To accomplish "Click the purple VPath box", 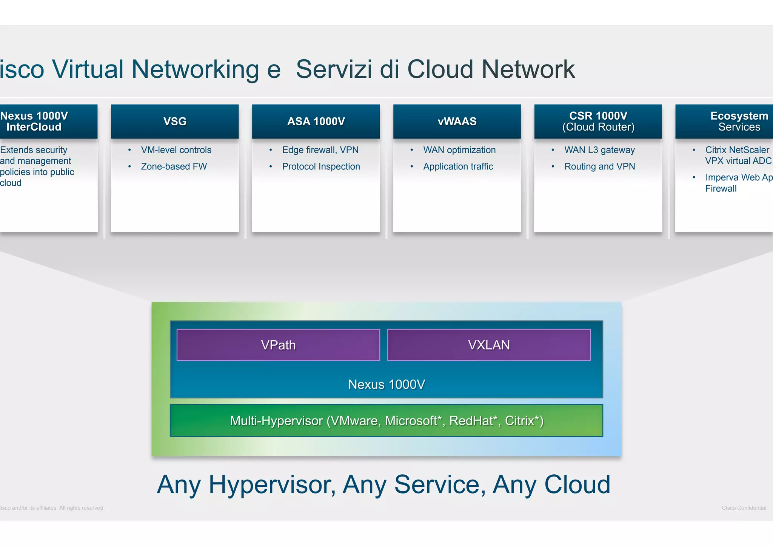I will coord(278,345).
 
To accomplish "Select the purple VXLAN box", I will coord(489,345).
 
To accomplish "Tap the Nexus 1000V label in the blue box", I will coord(386,384).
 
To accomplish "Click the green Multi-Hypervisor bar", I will coord(386,420).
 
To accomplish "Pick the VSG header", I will coord(175,121).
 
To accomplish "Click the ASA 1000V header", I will coord(316,121).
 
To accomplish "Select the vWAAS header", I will coord(457,121).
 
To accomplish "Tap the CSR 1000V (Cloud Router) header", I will coord(598,121).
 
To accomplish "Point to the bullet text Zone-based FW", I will coord(174,166).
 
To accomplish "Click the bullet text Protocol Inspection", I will coord(321,166).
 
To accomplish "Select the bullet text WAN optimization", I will coord(459,150).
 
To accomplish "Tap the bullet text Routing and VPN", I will coord(599,166).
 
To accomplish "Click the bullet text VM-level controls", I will coord(176,150).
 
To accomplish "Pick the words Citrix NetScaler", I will coord(737,150).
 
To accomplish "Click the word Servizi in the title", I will coord(334,69).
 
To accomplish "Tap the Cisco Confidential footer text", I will coord(744,508).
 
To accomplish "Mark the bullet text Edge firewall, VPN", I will coord(320,150).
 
